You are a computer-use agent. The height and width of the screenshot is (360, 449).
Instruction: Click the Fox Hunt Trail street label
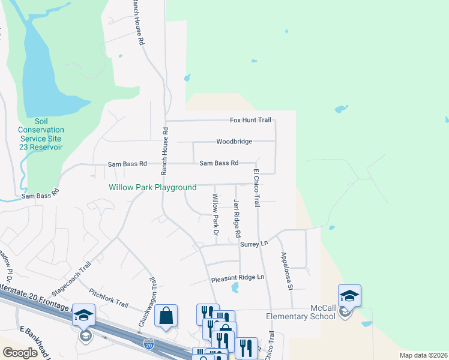click(251, 121)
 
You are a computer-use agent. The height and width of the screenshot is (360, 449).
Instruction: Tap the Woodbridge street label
click(235, 142)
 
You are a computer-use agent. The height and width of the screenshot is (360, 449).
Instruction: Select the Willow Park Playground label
click(152, 188)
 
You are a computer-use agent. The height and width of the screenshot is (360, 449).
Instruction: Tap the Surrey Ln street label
click(253, 244)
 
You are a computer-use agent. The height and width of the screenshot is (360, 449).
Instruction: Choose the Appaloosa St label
click(285, 271)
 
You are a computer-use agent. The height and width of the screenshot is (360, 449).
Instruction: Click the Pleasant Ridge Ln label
click(237, 278)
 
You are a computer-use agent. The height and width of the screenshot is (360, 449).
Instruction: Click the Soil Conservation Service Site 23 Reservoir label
click(41, 134)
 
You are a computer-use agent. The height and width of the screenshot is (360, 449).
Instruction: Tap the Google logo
click(20, 353)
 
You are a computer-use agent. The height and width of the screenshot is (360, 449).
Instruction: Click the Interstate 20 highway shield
click(149, 344)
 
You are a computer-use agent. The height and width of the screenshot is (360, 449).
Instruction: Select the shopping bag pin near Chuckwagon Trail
click(166, 316)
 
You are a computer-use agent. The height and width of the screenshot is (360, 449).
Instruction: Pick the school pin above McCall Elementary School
click(349, 296)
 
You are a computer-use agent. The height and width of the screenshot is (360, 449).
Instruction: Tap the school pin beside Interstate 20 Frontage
click(84, 316)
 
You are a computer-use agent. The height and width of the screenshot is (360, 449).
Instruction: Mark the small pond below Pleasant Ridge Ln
click(234, 288)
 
